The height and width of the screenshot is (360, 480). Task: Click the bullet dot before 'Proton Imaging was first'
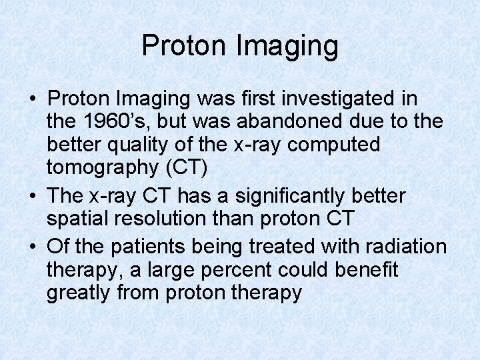pos(33,100)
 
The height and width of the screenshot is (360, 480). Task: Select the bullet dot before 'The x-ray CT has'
pos(33,197)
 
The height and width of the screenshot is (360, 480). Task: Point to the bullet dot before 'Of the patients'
pos(33,247)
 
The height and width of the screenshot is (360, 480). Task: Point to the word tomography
pos(101,168)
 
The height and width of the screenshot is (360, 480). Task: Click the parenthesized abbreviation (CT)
pos(184,167)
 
